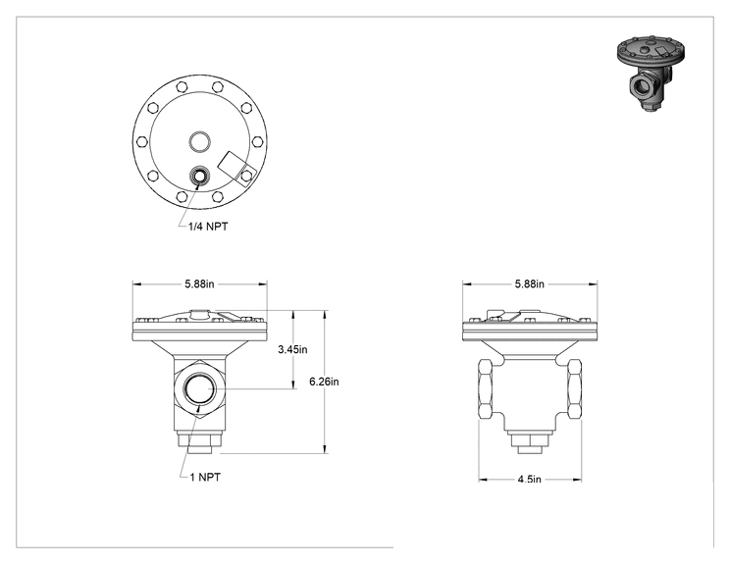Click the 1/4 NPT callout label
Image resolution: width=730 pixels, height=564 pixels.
(208, 227)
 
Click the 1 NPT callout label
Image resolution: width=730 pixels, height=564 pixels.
(205, 477)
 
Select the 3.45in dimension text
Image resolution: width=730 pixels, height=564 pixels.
(292, 349)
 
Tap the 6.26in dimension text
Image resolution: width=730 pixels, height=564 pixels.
(324, 382)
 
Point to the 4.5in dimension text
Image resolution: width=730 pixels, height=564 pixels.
(529, 480)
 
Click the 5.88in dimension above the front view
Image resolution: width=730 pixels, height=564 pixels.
(199, 283)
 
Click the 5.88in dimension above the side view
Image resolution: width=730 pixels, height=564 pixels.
(529, 283)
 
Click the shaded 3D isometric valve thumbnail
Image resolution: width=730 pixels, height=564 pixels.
(651, 73)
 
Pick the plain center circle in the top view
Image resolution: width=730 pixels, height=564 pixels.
(199, 142)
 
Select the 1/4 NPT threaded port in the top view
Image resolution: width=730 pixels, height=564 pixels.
(200, 176)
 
